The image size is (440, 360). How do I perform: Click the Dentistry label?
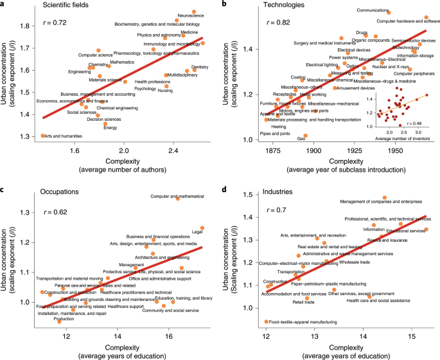click(x=200, y=66)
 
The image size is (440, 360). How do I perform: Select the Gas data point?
click(x=306, y=136)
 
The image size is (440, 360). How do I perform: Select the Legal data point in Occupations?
click(x=202, y=228)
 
